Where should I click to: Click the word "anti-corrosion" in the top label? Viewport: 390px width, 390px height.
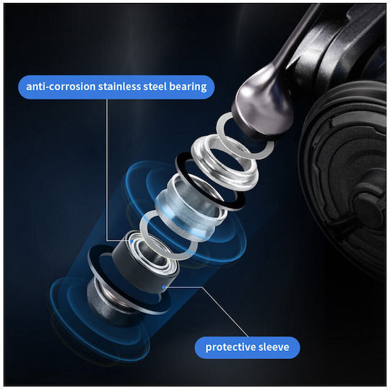click(x=61, y=87)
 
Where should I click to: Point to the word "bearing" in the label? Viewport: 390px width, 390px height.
click(x=188, y=87)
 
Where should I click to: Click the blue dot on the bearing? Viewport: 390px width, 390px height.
click(x=131, y=241)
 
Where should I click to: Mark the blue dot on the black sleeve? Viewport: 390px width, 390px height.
click(x=164, y=287)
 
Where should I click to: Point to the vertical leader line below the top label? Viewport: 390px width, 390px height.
click(x=107, y=170)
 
